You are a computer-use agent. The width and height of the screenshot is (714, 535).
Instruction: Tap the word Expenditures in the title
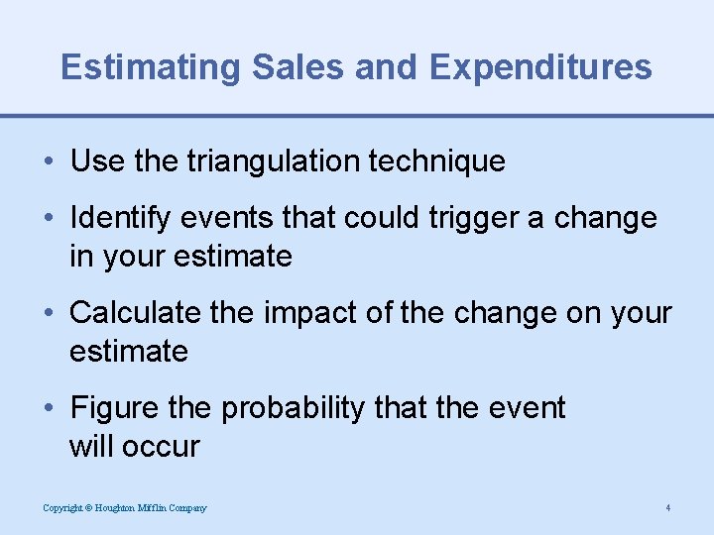pyautogui.click(x=541, y=67)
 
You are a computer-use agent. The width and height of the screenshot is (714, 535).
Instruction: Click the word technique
pyautogui.click(x=439, y=161)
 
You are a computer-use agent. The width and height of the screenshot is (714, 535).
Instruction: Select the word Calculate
pyautogui.click(x=132, y=313)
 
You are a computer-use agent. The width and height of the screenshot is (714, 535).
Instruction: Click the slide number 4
pyautogui.click(x=668, y=508)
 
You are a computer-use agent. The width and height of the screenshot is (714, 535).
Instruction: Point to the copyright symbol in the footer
pyautogui.click(x=87, y=508)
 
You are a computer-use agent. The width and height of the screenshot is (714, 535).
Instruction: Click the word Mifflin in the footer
pyautogui.click(x=157, y=508)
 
